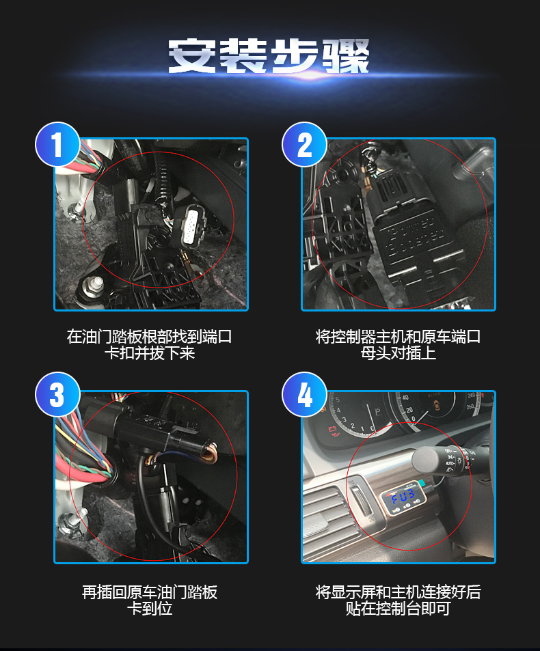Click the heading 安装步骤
click(x=269, y=56)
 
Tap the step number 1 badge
click(x=57, y=145)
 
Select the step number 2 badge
click(x=304, y=145)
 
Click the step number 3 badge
click(x=57, y=394)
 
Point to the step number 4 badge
click(x=304, y=394)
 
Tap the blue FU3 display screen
click(x=403, y=496)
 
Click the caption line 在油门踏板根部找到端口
click(x=149, y=336)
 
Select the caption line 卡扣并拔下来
click(x=149, y=353)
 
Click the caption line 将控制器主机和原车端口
click(x=398, y=336)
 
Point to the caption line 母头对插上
click(x=398, y=353)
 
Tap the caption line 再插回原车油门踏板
click(x=149, y=592)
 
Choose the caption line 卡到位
click(x=149, y=609)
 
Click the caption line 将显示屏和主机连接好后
click(x=398, y=592)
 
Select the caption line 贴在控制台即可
click(x=398, y=609)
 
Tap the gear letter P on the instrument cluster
click(x=377, y=413)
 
